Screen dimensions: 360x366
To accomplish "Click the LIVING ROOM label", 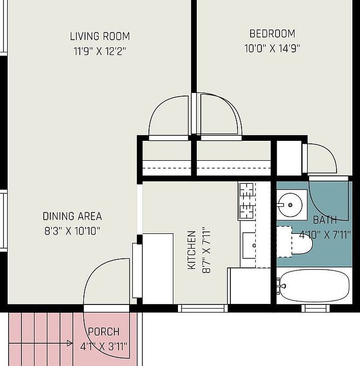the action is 100,37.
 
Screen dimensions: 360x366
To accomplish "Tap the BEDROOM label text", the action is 272,34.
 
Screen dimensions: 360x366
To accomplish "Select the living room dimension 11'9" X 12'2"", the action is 100,51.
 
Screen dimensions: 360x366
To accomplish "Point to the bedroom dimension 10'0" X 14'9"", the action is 272,49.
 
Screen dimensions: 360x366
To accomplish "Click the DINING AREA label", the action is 72,217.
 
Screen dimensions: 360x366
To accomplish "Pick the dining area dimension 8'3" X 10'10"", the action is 72,231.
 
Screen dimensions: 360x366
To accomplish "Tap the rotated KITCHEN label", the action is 192,250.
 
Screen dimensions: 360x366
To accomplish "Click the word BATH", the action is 325,220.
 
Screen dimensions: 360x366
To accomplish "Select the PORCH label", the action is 104,331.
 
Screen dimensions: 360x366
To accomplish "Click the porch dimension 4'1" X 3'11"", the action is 104,346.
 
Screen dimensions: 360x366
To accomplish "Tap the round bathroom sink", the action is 290,205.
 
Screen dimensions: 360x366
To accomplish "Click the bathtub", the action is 314,286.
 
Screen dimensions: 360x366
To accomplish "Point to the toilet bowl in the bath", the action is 302,243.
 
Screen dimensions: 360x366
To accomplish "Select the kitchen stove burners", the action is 247,201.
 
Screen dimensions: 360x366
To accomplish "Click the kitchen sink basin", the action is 249,246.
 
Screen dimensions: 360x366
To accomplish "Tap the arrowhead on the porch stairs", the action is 70,343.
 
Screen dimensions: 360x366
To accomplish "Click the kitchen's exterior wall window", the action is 203,308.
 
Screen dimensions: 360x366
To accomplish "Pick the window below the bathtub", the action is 315,308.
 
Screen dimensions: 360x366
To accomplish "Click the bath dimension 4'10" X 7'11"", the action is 325,234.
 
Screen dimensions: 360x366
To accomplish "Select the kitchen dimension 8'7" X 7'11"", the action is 206,250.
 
